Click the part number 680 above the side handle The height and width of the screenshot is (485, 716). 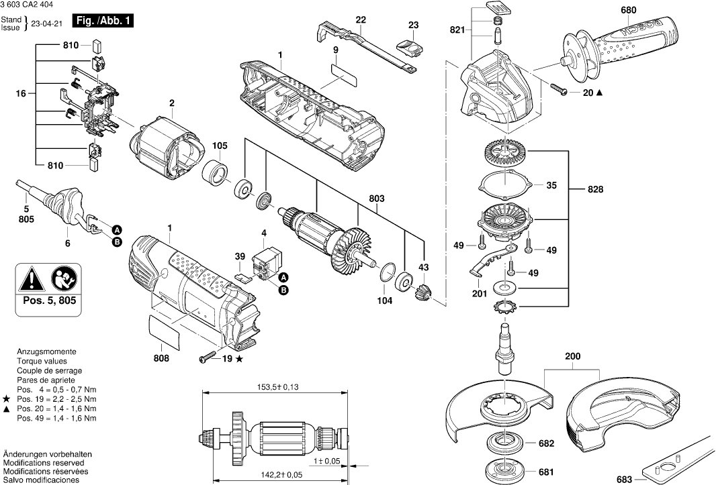pyautogui.click(x=628, y=10)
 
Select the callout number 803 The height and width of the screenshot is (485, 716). pyautogui.click(x=376, y=198)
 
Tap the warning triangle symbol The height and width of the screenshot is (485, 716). pyautogui.click(x=30, y=278)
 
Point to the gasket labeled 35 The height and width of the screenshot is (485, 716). pyautogui.click(x=503, y=184)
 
